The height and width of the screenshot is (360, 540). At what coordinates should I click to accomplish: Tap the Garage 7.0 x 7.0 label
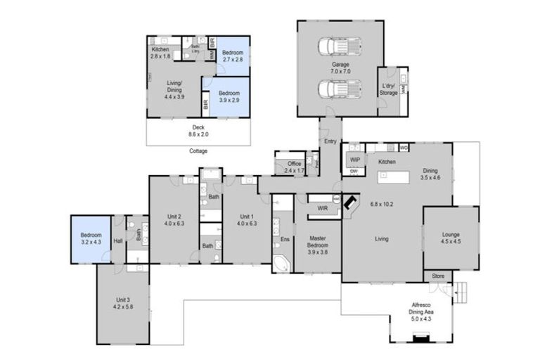pos(340,68)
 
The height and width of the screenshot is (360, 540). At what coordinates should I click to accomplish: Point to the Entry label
pos(330,141)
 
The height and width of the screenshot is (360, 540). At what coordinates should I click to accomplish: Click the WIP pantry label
pos(354,160)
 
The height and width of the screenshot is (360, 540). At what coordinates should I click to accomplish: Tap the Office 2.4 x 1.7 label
pos(295,167)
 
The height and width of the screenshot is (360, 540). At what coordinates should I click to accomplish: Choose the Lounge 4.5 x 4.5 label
pos(450,238)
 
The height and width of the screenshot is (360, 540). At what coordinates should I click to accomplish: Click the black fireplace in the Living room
pos(350,202)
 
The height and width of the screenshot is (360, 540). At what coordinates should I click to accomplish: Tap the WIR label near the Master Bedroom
pos(323,208)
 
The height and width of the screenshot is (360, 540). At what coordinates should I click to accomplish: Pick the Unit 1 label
pos(245,220)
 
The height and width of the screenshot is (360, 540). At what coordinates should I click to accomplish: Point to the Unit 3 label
pos(122,304)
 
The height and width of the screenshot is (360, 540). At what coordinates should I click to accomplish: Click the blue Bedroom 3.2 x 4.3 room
pos(91,239)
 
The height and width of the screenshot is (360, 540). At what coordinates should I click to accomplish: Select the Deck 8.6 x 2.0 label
pos(198,131)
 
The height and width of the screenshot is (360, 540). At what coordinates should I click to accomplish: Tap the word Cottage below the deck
pos(198,150)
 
